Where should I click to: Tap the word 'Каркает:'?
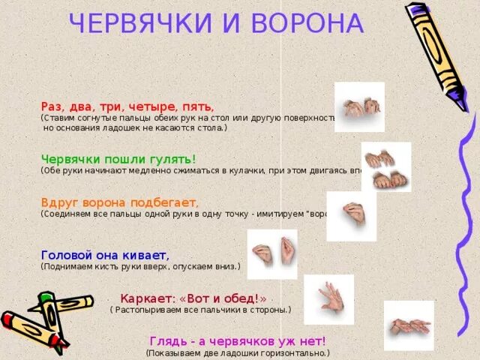(145, 298)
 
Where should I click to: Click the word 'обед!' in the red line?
(244, 298)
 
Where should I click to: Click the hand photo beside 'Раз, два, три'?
(358, 107)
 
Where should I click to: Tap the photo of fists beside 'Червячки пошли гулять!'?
(385, 166)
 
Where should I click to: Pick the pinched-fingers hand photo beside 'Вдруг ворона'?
(350, 216)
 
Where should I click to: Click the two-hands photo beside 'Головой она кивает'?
(272, 253)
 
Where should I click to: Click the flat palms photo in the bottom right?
(409, 325)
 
